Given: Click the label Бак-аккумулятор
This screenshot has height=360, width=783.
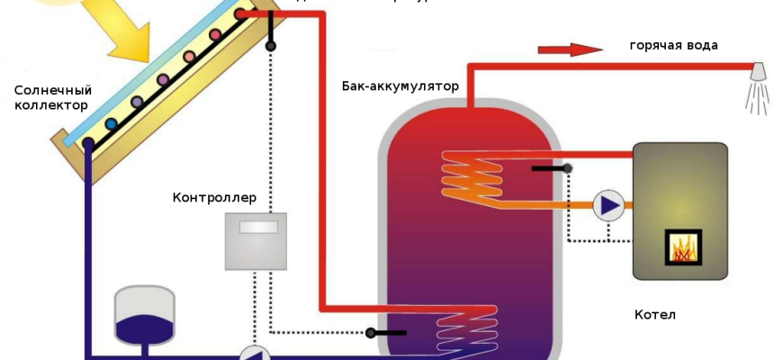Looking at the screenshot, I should [400, 87].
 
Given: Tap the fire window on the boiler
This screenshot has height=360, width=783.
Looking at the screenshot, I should [684, 246].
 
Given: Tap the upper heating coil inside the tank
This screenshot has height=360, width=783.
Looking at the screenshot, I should [468, 175].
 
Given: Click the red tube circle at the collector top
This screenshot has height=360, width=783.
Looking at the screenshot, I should [240, 14].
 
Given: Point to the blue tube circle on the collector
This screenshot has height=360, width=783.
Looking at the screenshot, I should [111, 123].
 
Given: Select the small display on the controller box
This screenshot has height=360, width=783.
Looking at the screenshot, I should [257, 227].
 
